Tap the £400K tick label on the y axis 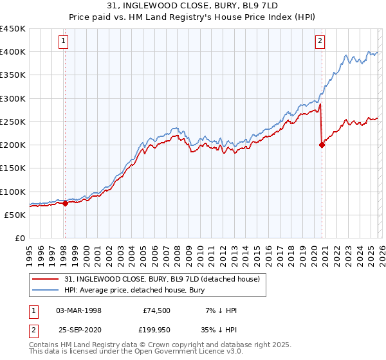pos(13,52)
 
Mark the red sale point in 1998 pos(65,203)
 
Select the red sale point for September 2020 pos(322,145)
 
